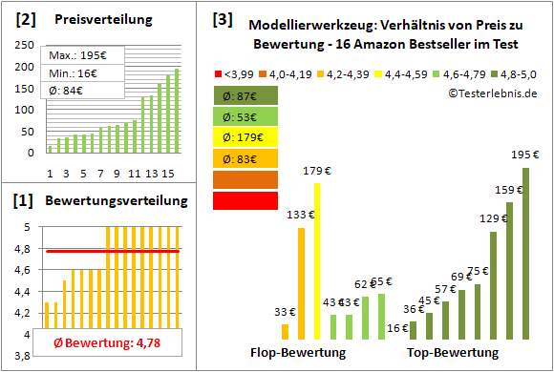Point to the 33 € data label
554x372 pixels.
click(x=285, y=312)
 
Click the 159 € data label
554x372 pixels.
click(x=508, y=189)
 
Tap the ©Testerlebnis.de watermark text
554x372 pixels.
click(x=491, y=93)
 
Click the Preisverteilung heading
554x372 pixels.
click(x=95, y=19)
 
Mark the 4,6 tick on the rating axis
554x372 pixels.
click(x=28, y=271)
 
